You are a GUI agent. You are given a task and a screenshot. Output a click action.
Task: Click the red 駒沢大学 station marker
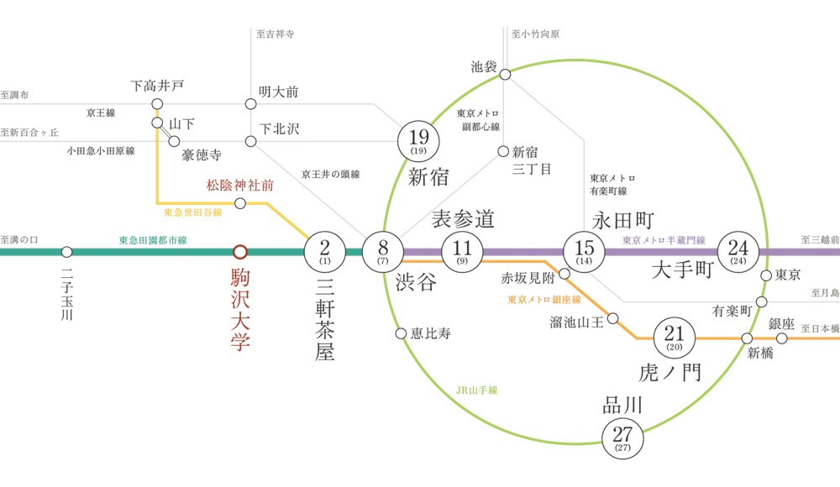[x=240, y=251]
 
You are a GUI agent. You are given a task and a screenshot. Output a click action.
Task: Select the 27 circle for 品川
[x=623, y=437]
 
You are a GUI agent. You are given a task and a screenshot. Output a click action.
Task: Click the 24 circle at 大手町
[x=738, y=250]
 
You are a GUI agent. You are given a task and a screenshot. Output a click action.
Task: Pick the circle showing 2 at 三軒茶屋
[x=324, y=250]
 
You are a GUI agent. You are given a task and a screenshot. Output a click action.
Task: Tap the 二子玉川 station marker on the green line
[x=66, y=251]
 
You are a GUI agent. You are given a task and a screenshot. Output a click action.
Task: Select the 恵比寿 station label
[x=431, y=333]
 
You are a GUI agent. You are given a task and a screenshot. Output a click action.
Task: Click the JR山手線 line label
[x=477, y=390]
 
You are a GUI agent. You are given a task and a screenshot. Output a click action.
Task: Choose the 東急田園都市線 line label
[x=153, y=240]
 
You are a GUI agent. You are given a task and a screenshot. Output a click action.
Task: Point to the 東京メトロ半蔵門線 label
[x=663, y=240]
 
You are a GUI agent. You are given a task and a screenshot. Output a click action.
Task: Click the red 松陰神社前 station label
[x=241, y=185]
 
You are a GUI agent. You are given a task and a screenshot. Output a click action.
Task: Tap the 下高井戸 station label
[x=157, y=86]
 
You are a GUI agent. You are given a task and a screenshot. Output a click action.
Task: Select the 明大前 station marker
[x=250, y=104]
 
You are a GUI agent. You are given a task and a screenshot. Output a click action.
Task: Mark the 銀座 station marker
[x=781, y=338]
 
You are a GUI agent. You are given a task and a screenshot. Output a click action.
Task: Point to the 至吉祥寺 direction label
[x=275, y=34]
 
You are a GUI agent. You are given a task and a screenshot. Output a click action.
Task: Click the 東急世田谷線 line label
[x=193, y=213]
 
